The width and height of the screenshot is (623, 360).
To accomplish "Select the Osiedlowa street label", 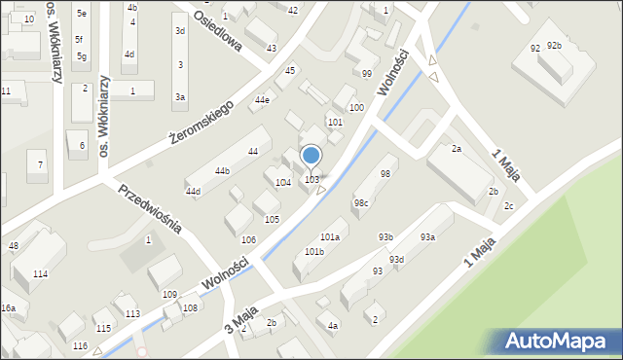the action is pos(213,31).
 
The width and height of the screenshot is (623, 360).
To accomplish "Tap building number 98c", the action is pos(361,202).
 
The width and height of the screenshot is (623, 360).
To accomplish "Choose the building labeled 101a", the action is pos(330,236).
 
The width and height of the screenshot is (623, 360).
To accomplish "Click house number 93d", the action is pos(396,259).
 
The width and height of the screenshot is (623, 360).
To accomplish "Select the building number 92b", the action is pos(554,46).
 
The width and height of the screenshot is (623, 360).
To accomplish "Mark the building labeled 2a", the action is pos(456,148).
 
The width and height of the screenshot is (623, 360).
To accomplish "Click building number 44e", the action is pos(262,99).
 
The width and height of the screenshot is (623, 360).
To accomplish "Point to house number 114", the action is pos(40,274).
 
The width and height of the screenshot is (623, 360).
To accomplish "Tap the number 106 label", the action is pos(248,239).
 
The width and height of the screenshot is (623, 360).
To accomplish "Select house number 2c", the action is pos(508,205).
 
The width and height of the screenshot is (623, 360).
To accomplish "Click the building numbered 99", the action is pos(366,74).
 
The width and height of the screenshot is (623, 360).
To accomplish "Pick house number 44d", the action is pos(193,191).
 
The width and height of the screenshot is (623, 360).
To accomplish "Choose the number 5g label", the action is pos(81,56).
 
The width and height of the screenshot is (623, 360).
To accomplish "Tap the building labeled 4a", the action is pos(333,325).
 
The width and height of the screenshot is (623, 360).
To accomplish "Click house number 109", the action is pos(169,294).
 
